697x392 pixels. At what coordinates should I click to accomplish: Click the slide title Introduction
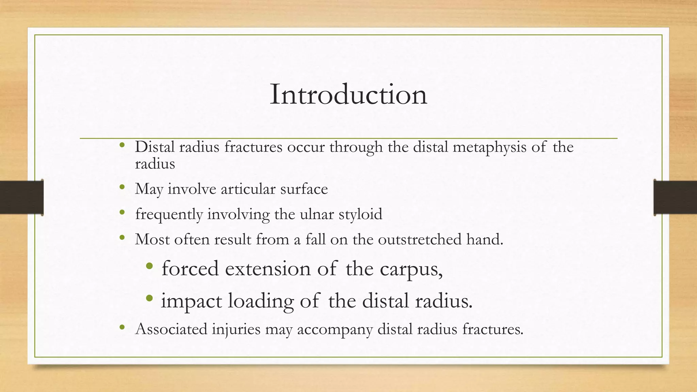(348, 95)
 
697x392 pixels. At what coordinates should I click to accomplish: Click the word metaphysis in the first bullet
(489, 147)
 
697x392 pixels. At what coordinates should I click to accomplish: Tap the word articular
(248, 189)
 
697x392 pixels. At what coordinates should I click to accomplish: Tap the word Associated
(171, 329)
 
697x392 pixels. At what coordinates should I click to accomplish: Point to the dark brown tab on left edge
(21, 197)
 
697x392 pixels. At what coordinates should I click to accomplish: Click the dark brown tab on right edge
(675, 197)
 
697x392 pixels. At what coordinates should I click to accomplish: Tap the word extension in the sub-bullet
(268, 269)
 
